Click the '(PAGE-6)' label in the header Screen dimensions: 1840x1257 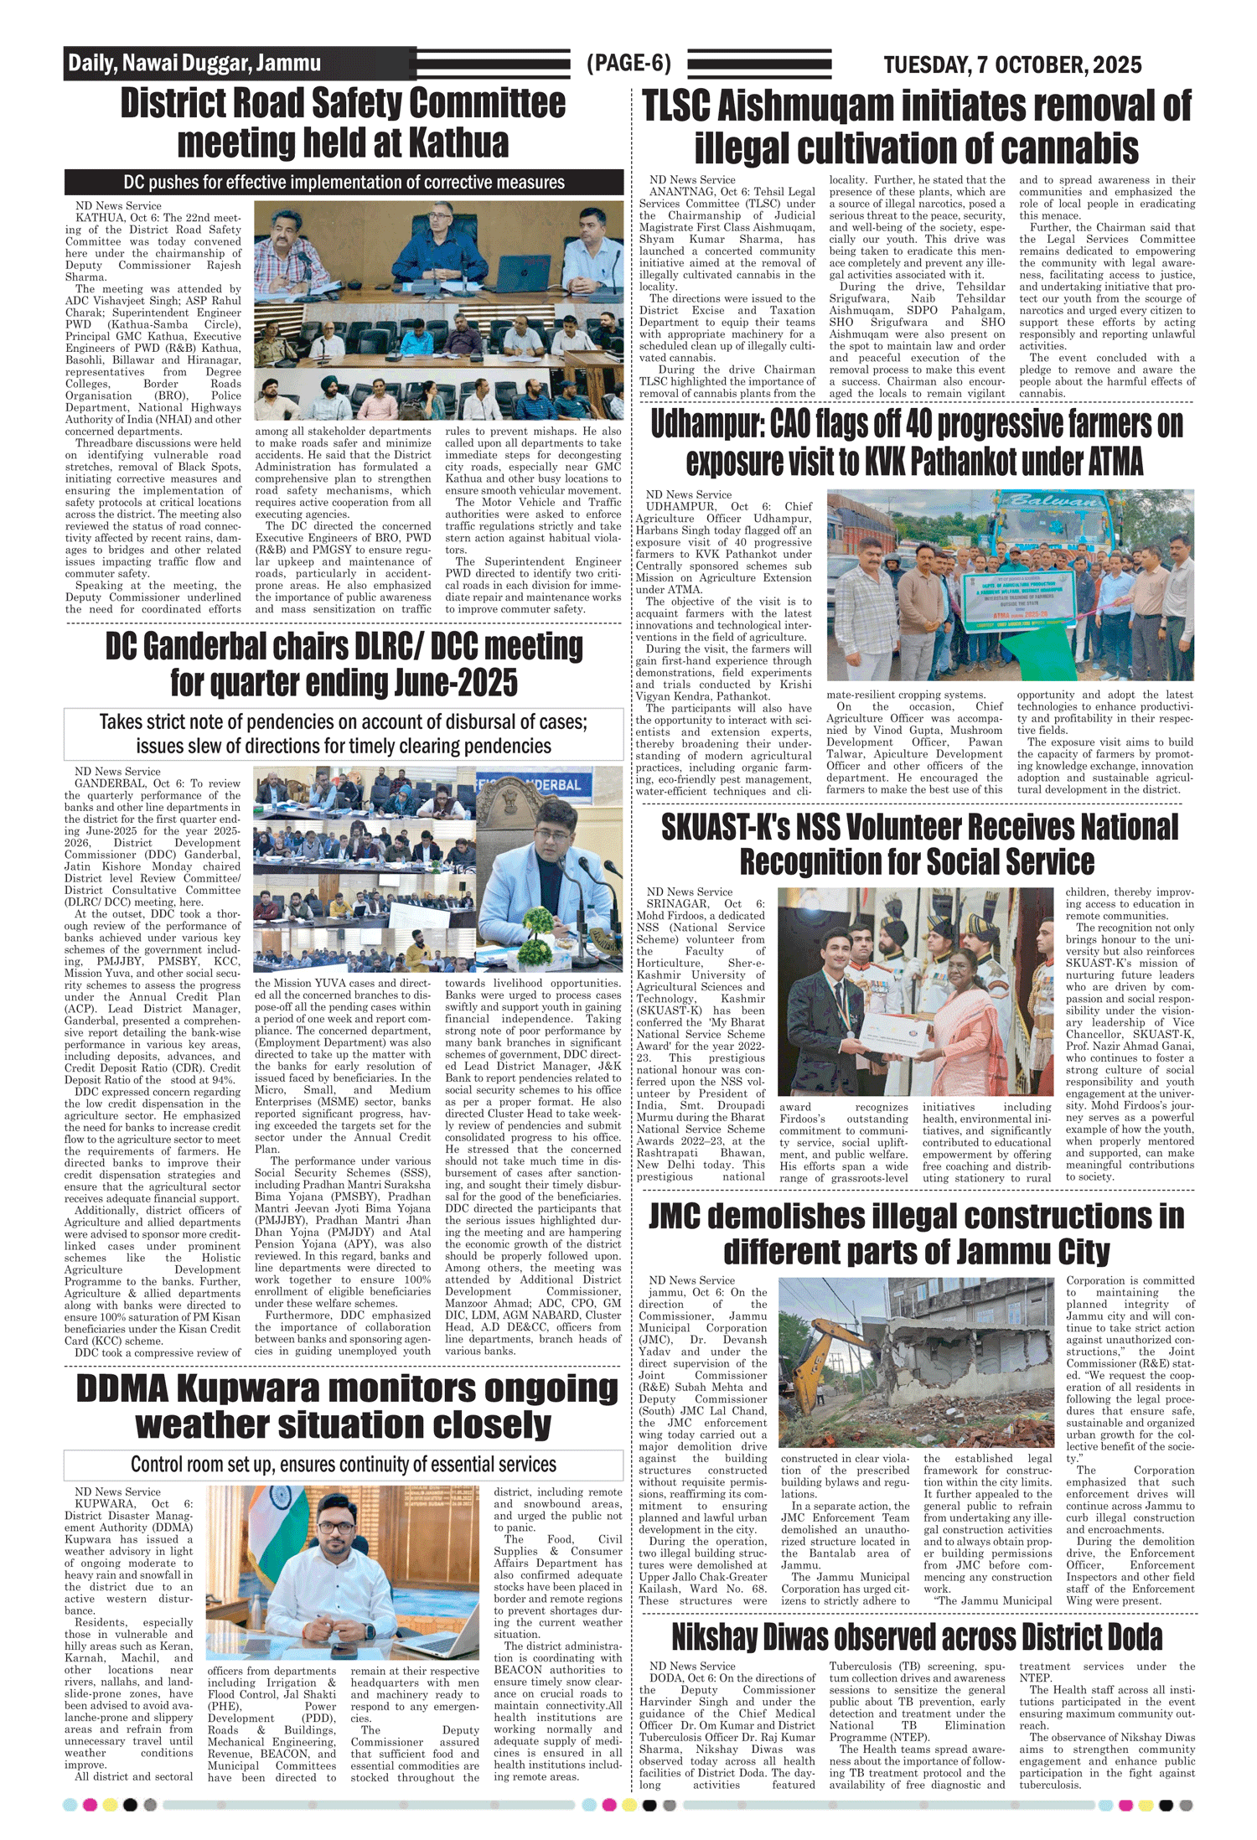tap(628, 63)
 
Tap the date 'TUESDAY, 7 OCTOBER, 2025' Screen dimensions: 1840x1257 tap(1012, 65)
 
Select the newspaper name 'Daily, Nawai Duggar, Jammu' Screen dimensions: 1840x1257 tap(194, 63)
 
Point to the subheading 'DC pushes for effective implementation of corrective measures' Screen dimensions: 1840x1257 tap(344, 182)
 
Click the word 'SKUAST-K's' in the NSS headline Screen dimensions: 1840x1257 tap(725, 827)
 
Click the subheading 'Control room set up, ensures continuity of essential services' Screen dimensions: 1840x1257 tap(344, 1464)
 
